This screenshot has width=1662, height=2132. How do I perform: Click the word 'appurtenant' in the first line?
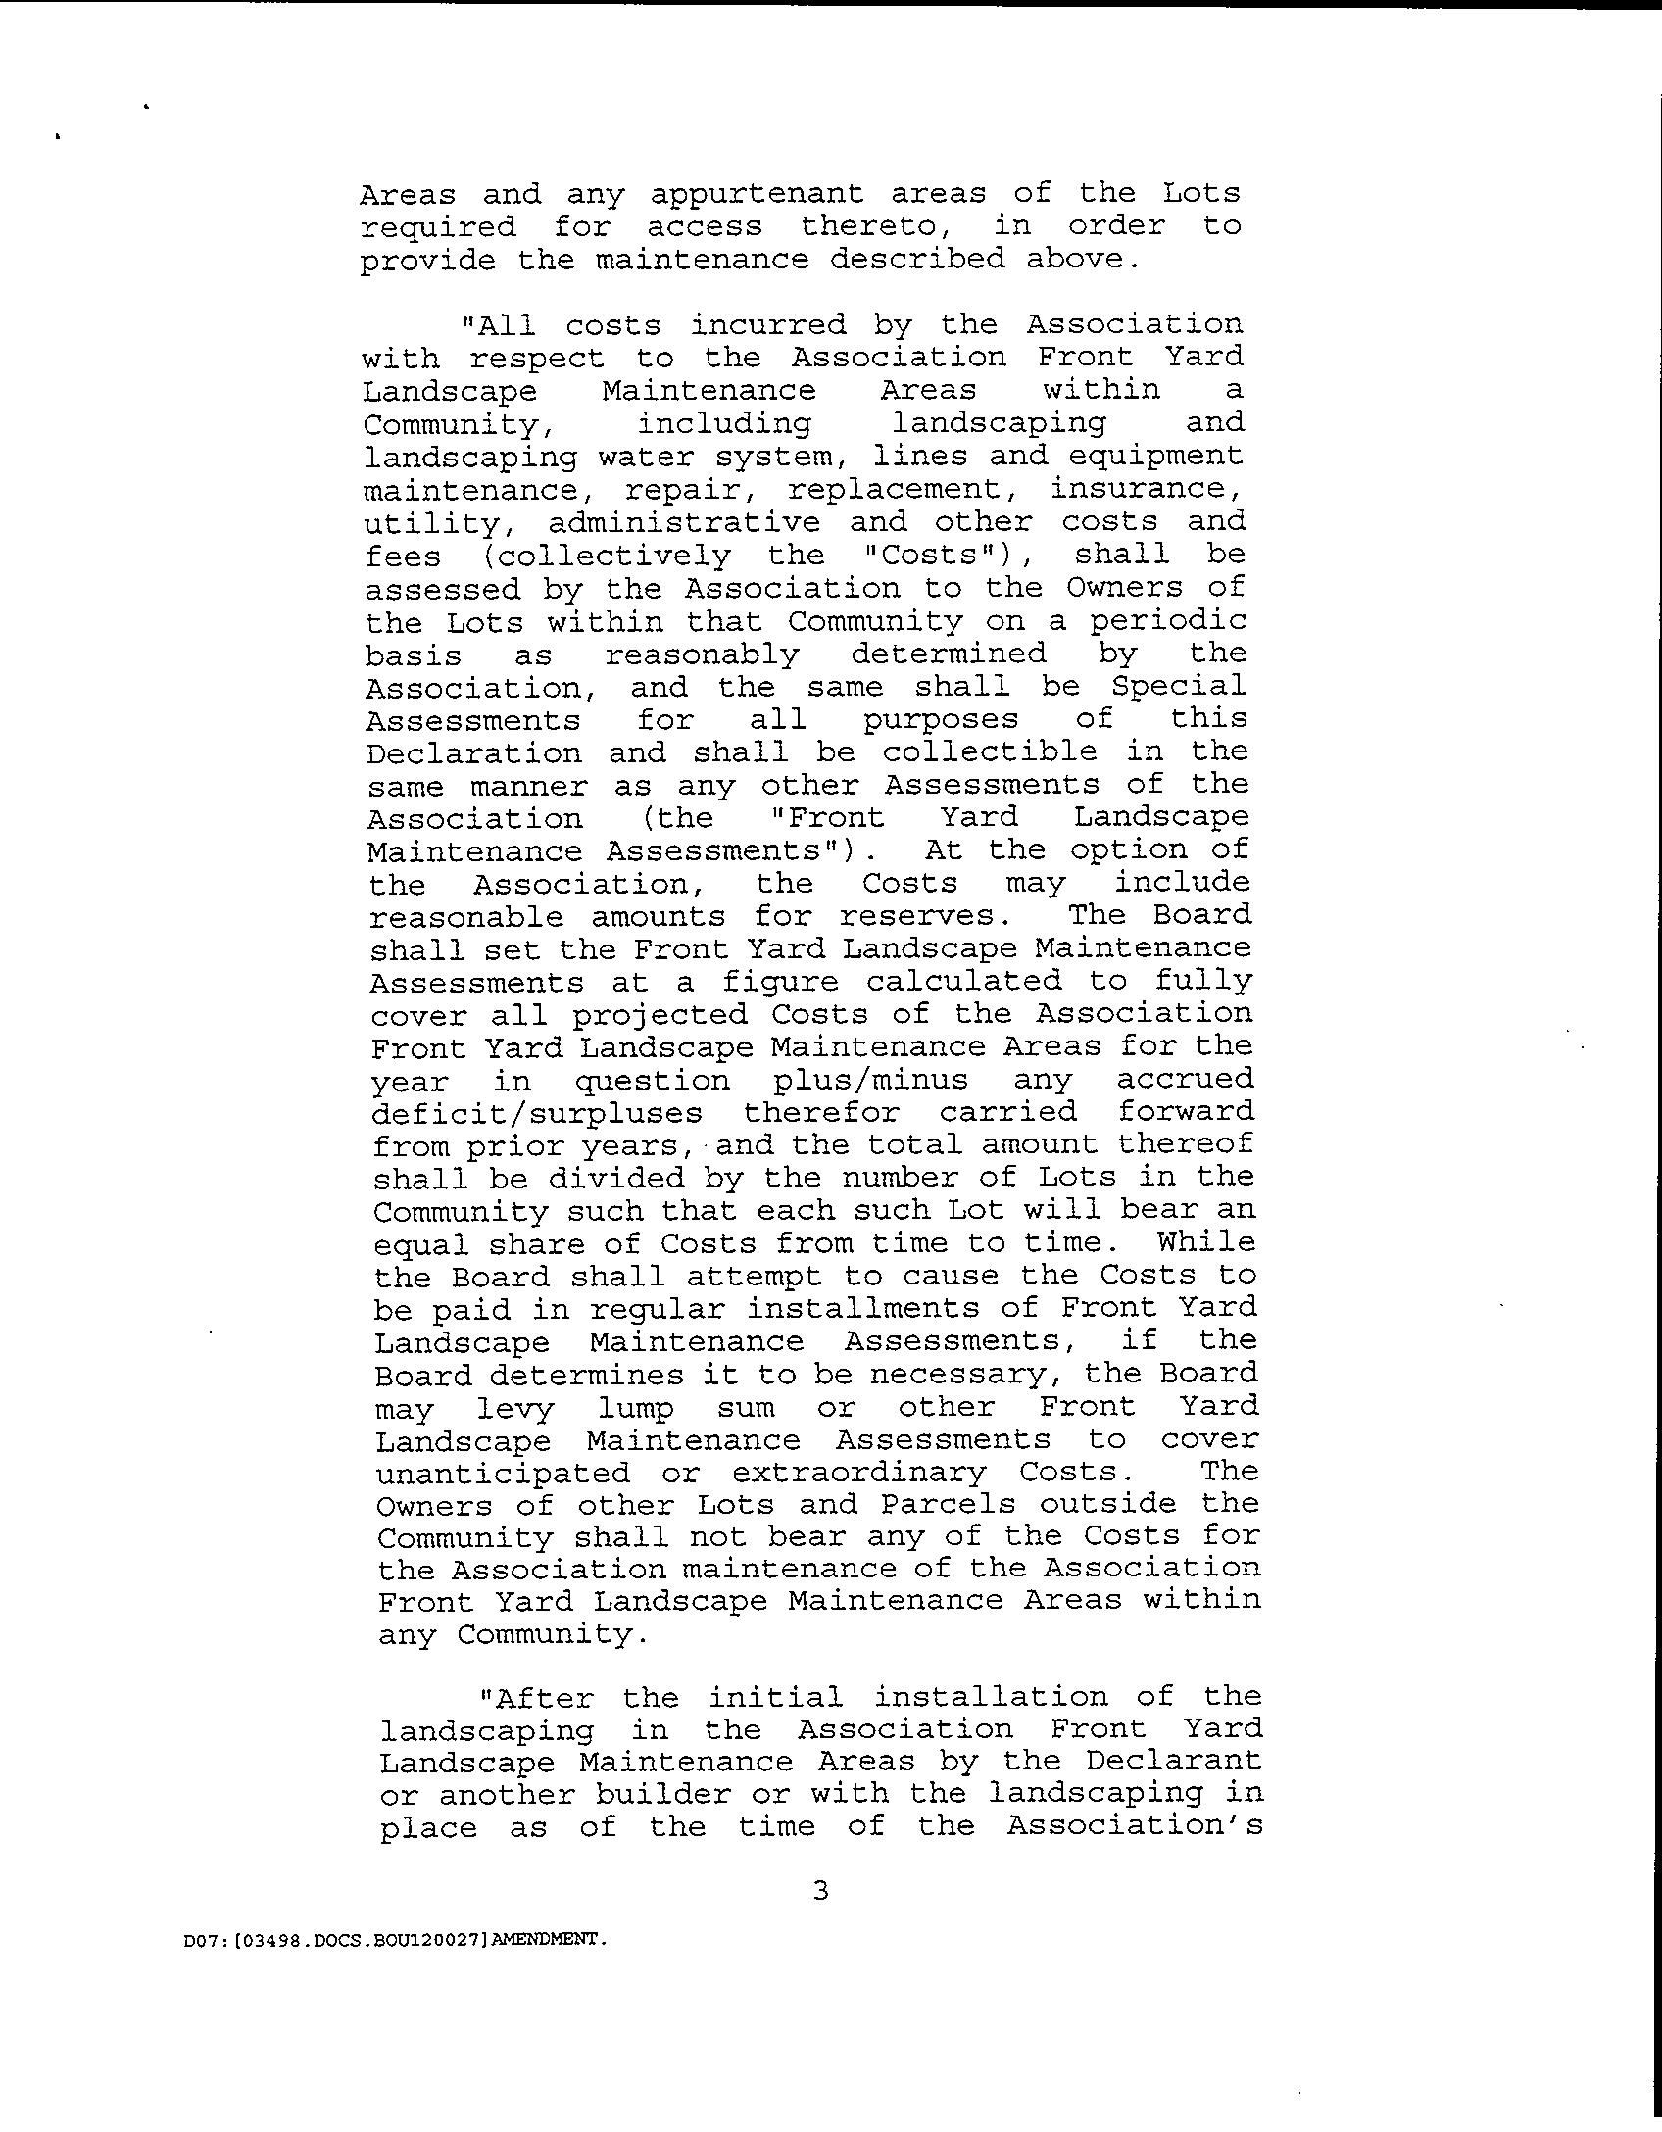[756, 195]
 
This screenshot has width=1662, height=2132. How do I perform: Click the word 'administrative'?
[684, 522]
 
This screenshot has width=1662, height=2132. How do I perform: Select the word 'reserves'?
[916, 916]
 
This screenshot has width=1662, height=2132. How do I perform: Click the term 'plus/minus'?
[870, 1080]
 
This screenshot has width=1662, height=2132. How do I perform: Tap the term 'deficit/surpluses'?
[537, 1113]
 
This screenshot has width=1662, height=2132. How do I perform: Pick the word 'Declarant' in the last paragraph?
[1173, 1761]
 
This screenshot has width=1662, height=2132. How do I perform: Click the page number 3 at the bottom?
[821, 1890]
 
